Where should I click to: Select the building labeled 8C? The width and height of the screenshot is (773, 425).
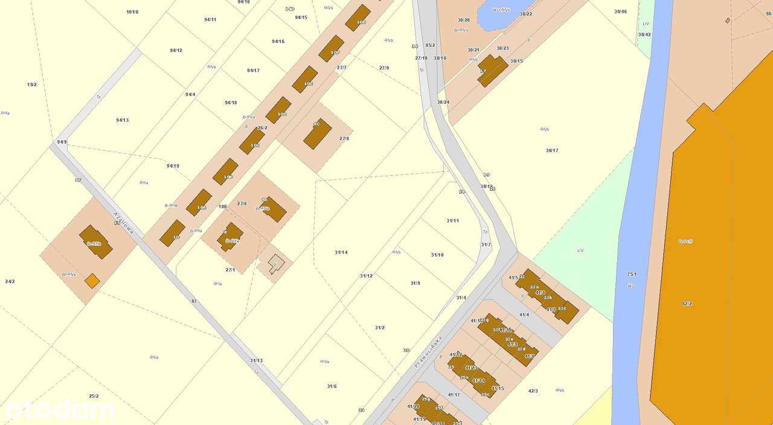pos(317,133)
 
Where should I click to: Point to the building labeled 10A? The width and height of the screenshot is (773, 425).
pos(199,203)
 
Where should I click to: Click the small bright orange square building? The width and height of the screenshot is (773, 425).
pos(92,280)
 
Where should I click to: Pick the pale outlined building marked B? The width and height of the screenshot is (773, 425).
pos(275,264)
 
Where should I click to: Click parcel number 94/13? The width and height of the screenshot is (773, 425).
pos(123,120)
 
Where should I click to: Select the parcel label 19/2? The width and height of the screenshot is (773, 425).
pos(32,85)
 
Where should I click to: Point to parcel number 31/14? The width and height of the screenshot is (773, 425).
pos(341,252)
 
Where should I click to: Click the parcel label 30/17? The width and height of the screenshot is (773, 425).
pos(552,150)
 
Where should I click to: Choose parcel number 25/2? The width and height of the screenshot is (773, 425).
pos(94,396)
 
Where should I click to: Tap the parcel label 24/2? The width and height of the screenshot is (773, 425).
pos(10,281)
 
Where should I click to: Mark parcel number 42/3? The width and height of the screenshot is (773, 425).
pos(533,391)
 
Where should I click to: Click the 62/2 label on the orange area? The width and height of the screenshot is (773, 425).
pos(687,304)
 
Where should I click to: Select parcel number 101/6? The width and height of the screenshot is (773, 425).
pos(132,12)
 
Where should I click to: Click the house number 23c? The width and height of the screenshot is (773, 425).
pos(562,308)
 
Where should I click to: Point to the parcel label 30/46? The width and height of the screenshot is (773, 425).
pos(620,11)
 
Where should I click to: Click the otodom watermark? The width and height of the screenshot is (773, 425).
pos(60,410)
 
